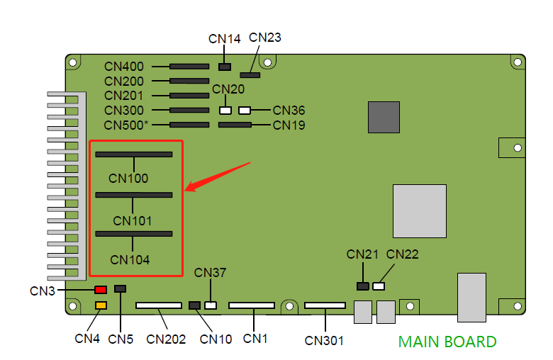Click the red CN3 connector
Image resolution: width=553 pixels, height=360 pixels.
coord(101,290)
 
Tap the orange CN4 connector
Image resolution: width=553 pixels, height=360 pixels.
coord(101,305)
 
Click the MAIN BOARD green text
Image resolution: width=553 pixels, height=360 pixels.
coord(447,342)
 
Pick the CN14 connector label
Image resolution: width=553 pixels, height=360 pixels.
coord(225,39)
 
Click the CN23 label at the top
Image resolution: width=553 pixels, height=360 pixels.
coord(265,38)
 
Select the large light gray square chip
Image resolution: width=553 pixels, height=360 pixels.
coord(420,211)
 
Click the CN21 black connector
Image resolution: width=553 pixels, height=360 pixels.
coord(362,286)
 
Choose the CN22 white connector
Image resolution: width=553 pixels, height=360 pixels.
coord(379,286)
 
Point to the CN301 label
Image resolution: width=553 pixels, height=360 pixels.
coord(324,341)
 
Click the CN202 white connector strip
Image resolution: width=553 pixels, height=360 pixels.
coord(158,306)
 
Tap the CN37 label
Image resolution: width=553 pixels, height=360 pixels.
coord(210,273)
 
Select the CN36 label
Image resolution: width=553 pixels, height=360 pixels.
coord(289,111)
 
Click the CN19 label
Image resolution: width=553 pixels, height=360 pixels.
coord(289,125)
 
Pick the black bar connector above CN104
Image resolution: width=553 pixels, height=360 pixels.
coord(134,233)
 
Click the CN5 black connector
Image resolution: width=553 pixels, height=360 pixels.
coord(120,289)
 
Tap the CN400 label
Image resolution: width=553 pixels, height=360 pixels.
coord(124,66)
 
